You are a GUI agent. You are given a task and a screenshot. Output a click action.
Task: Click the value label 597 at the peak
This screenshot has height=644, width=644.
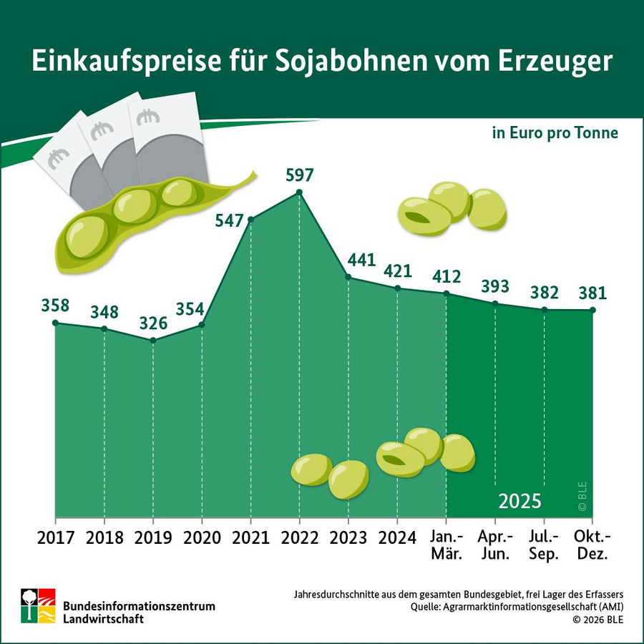(299, 175)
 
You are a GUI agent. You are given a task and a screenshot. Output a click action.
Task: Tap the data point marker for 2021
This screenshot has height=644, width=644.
(251, 219)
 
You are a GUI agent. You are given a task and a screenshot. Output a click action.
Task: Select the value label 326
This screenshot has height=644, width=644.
(152, 323)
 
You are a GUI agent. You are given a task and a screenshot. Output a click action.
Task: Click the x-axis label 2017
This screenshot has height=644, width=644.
(55, 537)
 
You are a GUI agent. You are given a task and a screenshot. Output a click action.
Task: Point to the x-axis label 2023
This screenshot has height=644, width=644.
(348, 537)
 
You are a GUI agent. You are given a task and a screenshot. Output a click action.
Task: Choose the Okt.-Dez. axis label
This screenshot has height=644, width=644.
(592, 545)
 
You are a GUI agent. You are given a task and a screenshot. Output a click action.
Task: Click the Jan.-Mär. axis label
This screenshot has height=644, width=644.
(446, 545)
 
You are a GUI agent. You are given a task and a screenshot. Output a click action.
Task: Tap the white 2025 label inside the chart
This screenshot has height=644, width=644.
(519, 500)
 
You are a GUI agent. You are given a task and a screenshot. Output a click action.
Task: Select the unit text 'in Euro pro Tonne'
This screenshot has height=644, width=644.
(555, 134)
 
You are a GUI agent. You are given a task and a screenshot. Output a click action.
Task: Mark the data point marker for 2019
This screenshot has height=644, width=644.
(153, 340)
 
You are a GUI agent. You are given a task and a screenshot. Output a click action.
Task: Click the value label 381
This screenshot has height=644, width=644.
(592, 293)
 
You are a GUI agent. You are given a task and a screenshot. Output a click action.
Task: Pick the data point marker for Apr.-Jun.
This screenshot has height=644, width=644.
(495, 303)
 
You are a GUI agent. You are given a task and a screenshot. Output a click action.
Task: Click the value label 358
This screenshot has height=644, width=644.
(55, 306)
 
